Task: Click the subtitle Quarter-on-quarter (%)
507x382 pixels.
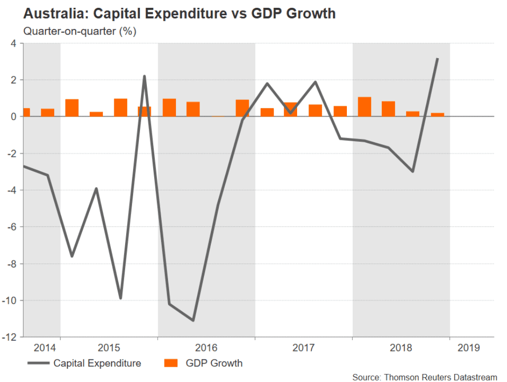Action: click(80, 32)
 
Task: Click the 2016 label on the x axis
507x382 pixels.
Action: click(206, 348)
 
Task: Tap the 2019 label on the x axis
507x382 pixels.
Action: click(468, 348)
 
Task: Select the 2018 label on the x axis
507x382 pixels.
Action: click(401, 348)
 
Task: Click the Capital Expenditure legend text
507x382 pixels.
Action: click(97, 364)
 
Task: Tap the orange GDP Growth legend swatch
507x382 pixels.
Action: click(170, 363)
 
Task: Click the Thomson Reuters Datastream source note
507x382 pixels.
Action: click(425, 377)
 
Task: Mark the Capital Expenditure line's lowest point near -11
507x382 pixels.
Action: click(193, 320)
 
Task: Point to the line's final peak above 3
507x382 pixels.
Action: click(438, 59)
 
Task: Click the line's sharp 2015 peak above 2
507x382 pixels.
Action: click(145, 76)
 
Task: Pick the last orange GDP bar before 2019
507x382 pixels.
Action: click(438, 115)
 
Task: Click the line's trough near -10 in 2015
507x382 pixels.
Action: click(120, 298)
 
